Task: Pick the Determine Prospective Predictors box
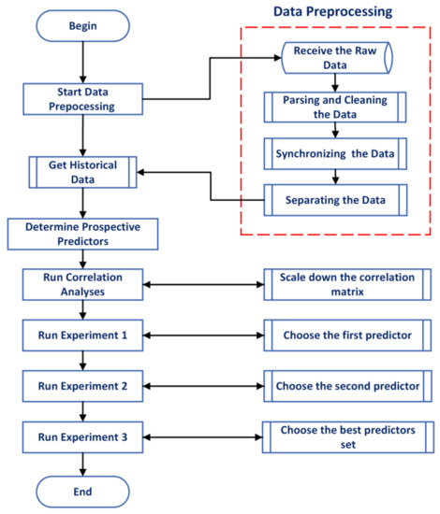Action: (85, 234)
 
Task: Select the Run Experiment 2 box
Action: (85, 384)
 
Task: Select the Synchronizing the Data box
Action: (336, 153)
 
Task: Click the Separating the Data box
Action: (336, 198)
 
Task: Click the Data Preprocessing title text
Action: (333, 13)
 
